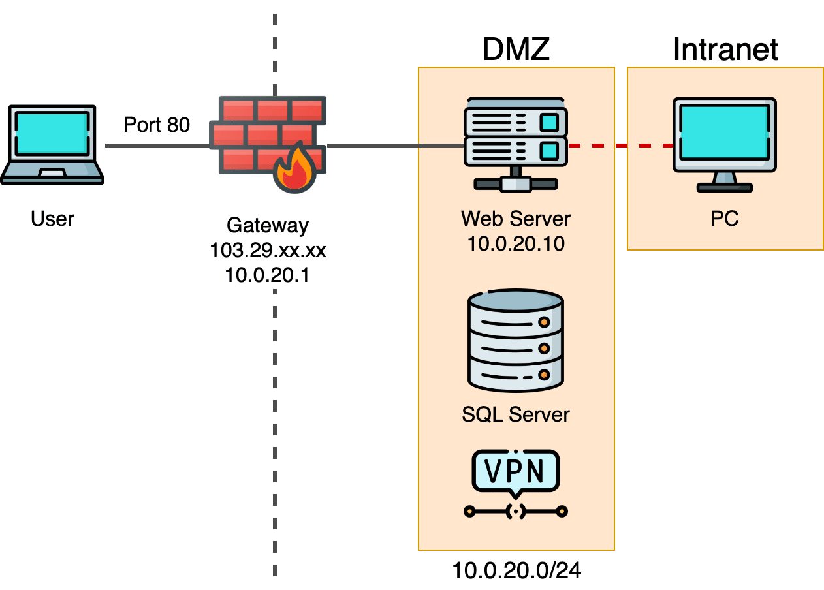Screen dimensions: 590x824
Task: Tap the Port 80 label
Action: [157, 124]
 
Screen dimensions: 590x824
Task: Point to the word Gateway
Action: [267, 225]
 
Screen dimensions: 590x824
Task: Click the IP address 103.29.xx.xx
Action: [267, 250]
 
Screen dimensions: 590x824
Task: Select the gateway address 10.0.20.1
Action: [267, 275]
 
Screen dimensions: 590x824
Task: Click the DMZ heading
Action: [516, 50]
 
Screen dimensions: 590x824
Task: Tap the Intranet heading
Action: [725, 50]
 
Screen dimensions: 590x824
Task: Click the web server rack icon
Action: [515, 144]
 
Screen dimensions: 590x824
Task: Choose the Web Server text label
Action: [516, 218]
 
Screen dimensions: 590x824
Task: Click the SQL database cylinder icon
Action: [516, 341]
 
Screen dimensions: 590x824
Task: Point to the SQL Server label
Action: [516, 414]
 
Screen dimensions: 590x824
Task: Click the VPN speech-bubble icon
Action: [516, 471]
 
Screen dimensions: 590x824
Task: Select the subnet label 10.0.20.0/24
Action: [516, 571]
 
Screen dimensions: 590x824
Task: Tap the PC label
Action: [725, 218]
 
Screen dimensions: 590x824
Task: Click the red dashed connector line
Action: [620, 146]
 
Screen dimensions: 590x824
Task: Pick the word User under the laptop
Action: [52, 218]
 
